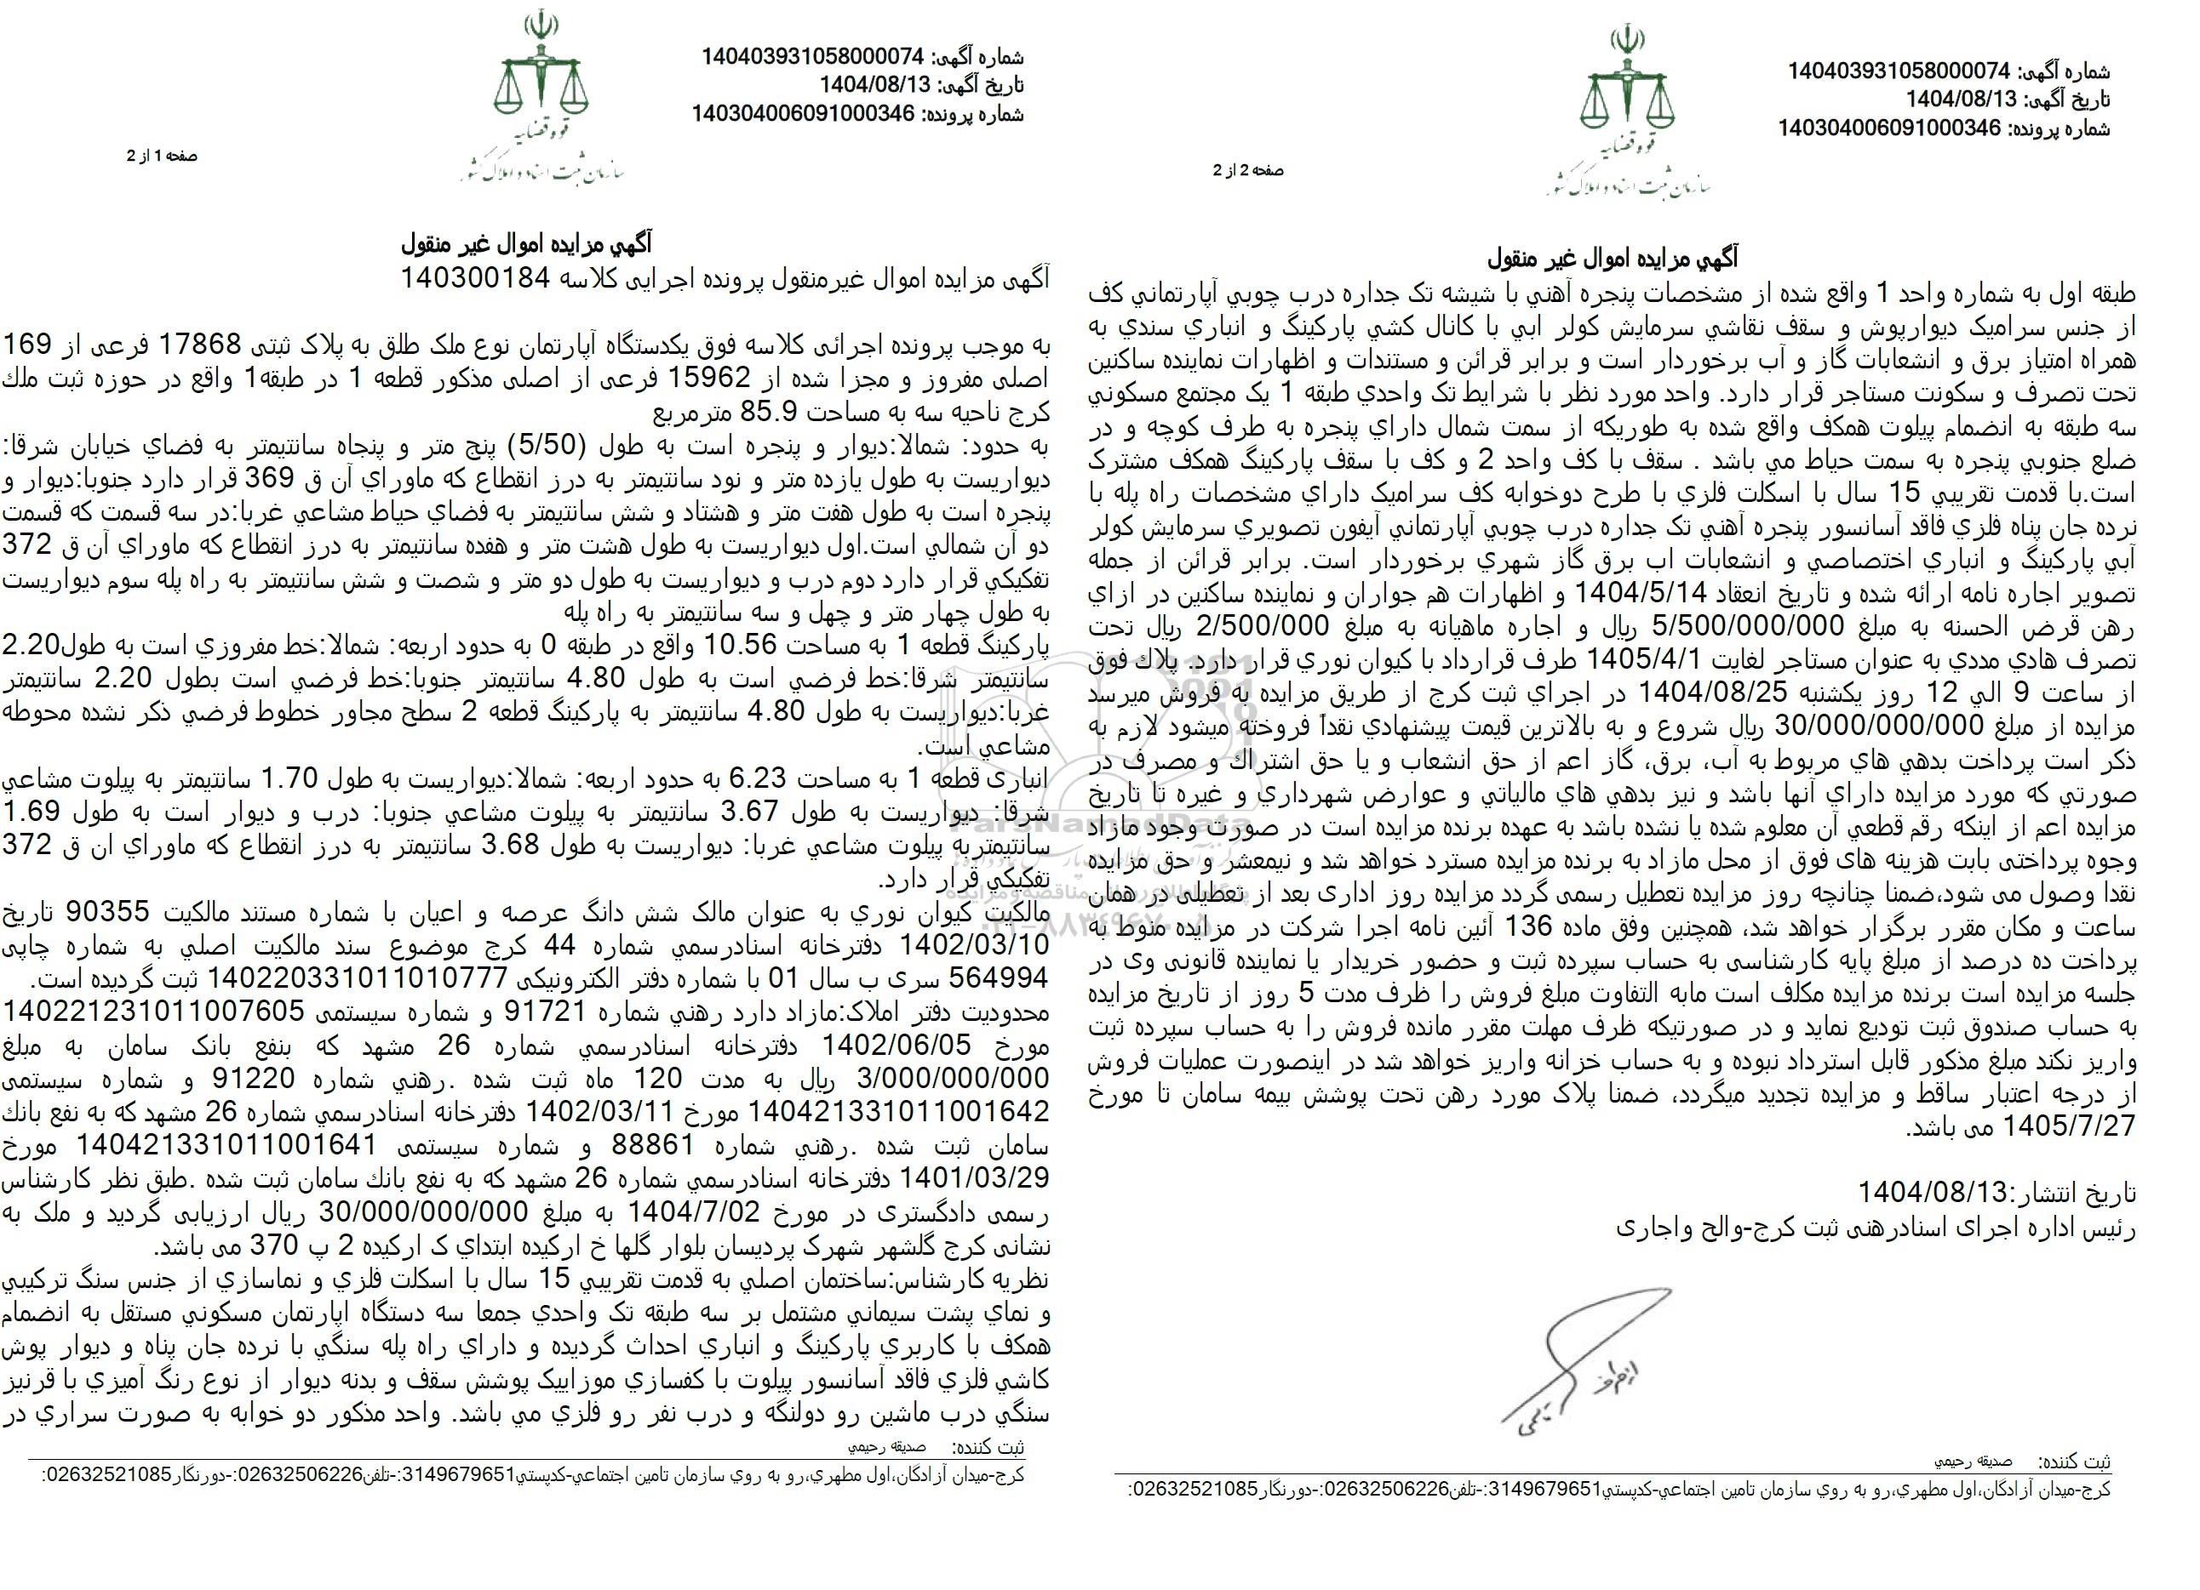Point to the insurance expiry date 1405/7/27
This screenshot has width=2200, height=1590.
click(x=1143, y=1129)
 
